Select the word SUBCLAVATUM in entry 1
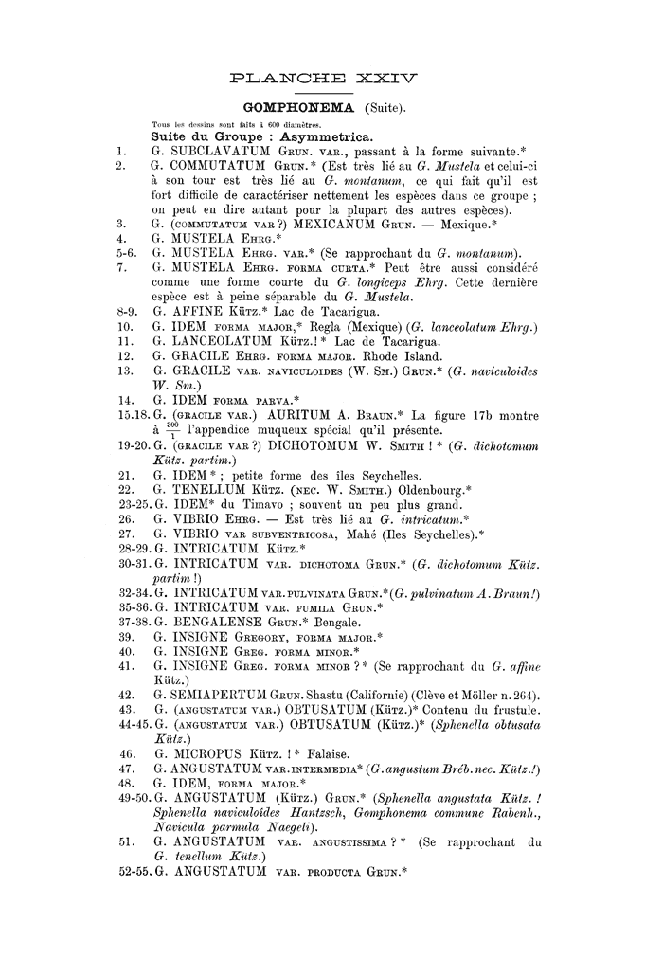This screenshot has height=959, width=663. (220, 150)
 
